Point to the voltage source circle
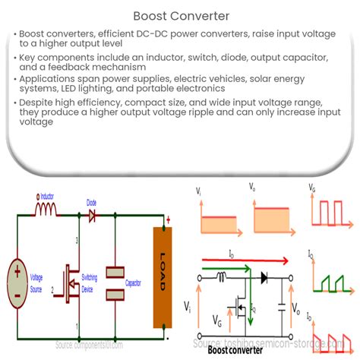pos(14,279)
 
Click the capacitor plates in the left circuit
pos(115,281)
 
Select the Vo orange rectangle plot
pos(270,221)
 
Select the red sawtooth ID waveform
pos(328,337)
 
